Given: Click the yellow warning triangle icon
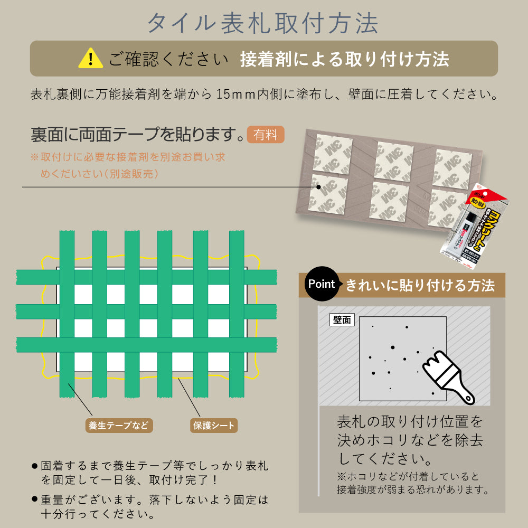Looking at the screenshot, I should point(90,58).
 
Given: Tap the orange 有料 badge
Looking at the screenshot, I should point(265,135).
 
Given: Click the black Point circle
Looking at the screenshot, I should point(321,284).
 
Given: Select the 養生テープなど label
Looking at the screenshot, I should point(118,426).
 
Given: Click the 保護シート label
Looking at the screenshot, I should point(213,426).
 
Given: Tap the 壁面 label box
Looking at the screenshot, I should point(342,320).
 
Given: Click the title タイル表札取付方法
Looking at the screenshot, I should point(263,23).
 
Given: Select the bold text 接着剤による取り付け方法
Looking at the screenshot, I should point(344,59).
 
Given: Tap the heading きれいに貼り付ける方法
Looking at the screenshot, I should point(420,286).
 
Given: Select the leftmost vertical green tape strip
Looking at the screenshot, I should point(67,314).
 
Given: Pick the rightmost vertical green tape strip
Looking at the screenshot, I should point(237,314).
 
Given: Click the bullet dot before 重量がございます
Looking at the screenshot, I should point(34,498).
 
